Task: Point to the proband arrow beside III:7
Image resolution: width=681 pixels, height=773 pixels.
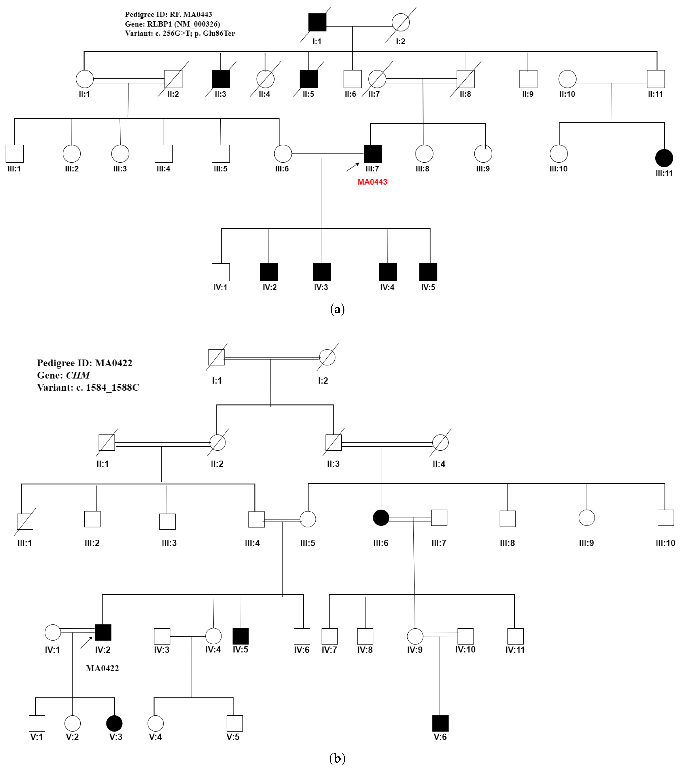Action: coord(353,167)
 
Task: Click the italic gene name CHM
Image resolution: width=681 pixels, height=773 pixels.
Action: coord(78,375)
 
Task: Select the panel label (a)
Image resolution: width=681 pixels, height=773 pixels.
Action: coord(337,309)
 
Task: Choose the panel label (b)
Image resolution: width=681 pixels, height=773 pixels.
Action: coord(337,758)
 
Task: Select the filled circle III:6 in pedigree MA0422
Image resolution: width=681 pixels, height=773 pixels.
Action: coord(381,518)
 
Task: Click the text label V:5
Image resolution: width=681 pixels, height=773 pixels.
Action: coord(233,737)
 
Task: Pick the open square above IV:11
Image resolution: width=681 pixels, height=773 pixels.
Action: coord(515,636)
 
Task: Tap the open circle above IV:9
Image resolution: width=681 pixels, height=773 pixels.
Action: coord(415,636)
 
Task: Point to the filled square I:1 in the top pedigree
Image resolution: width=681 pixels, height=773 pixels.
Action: coord(317,22)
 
